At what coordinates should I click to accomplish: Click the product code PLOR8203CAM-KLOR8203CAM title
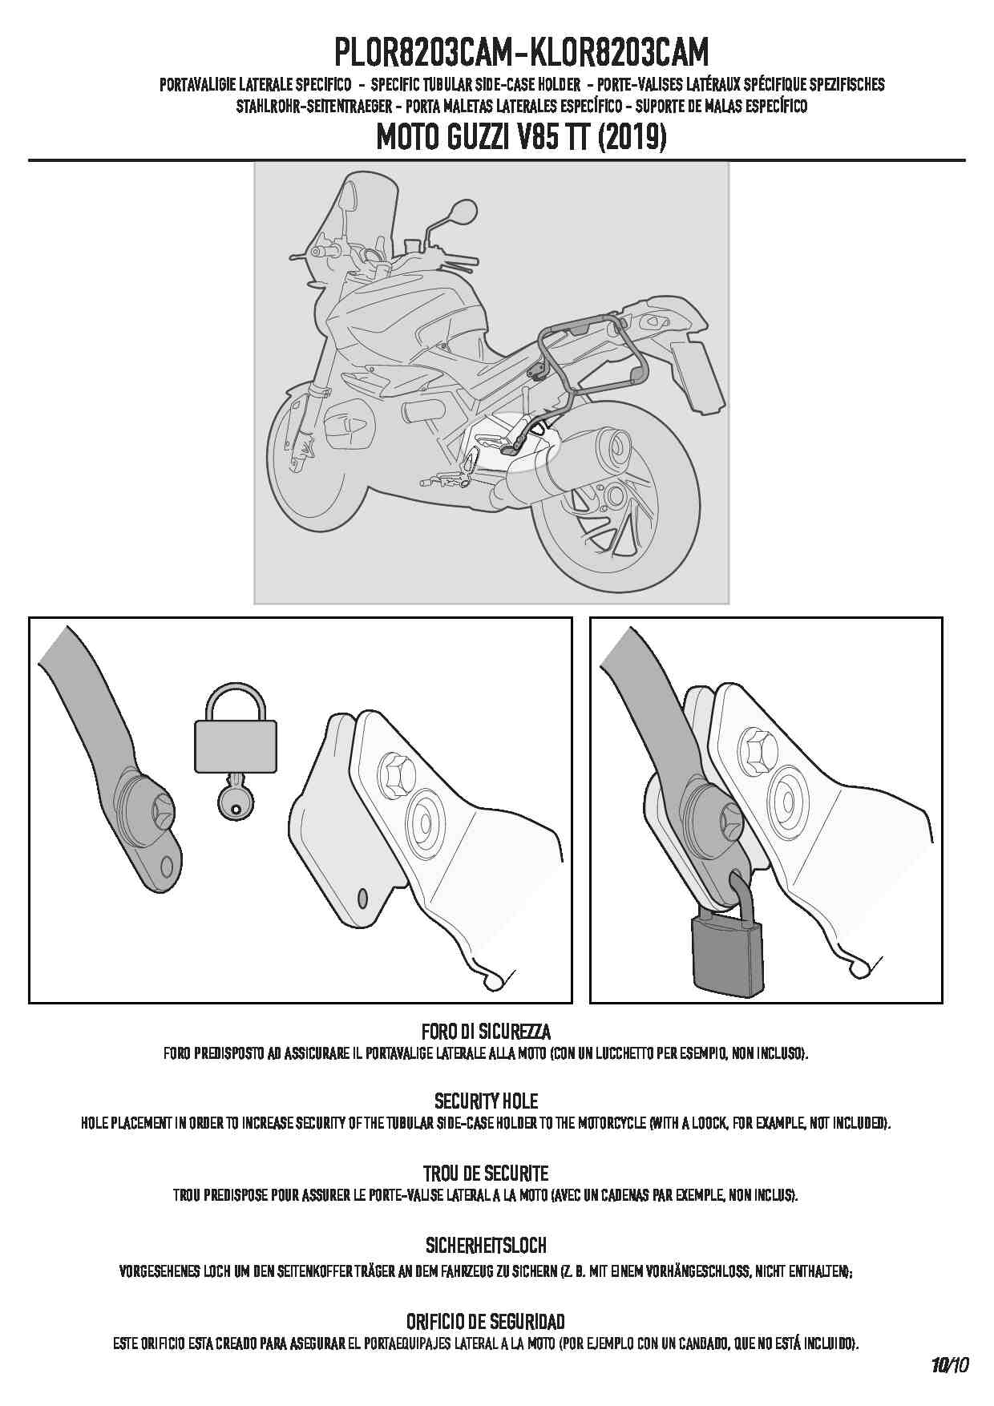pyautogui.click(x=522, y=53)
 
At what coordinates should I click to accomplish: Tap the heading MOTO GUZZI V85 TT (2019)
pyautogui.click(x=522, y=138)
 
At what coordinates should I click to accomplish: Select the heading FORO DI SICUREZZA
pyautogui.click(x=486, y=1031)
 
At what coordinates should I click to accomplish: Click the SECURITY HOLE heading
pyautogui.click(x=486, y=1101)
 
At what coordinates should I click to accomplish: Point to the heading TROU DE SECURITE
pyautogui.click(x=486, y=1174)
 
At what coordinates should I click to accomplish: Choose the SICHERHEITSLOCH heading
pyautogui.click(x=486, y=1246)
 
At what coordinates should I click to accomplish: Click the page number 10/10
pyautogui.click(x=950, y=1365)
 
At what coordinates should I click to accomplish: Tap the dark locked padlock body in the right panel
pyautogui.click(x=726, y=954)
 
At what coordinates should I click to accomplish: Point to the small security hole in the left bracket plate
pyautogui.click(x=362, y=897)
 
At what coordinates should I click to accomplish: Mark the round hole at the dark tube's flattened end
pyautogui.click(x=166, y=866)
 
